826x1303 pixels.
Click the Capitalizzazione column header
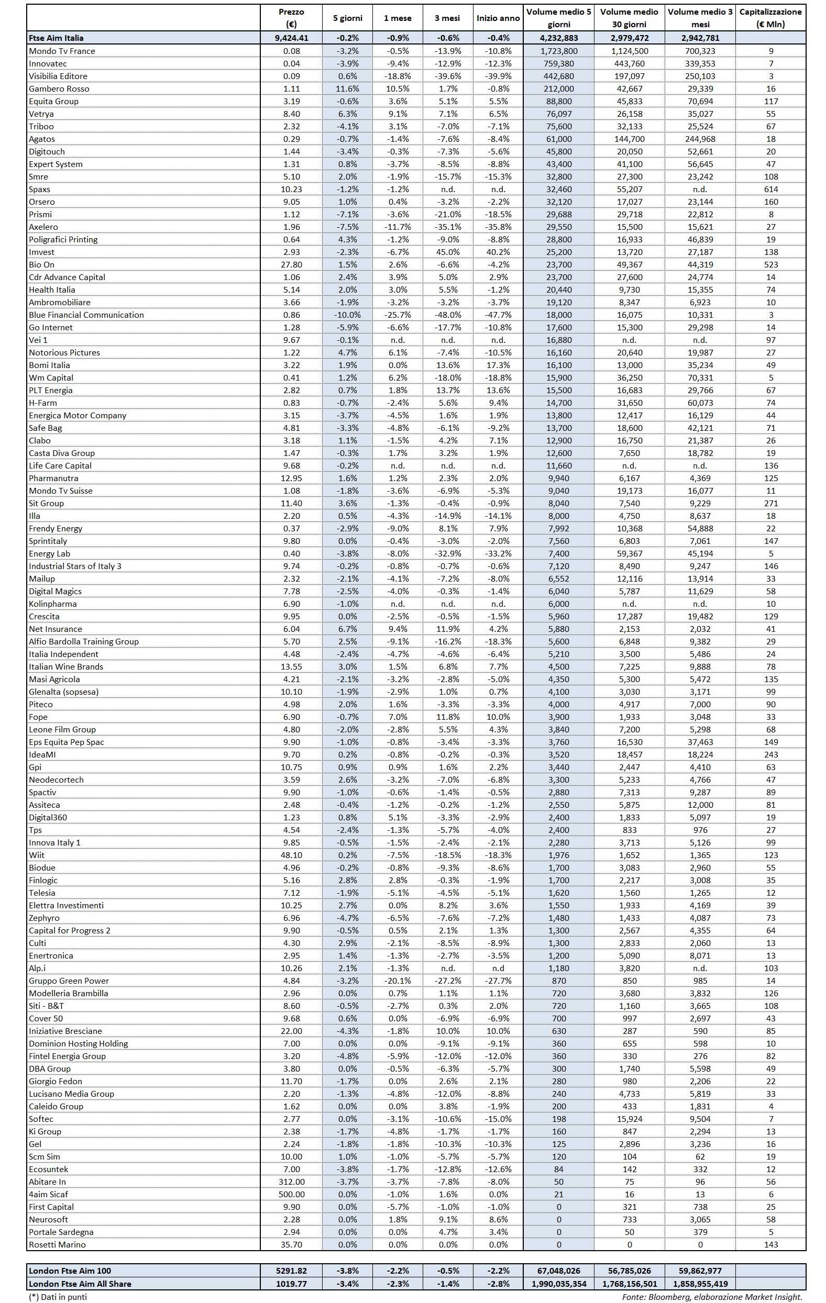coord(770,18)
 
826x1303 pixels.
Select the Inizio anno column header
coord(498,18)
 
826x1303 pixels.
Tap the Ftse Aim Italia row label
coord(56,38)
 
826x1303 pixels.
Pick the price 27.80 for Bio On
coord(291,264)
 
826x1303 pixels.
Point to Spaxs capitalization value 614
coord(771,190)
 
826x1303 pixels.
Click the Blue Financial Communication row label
coord(86,315)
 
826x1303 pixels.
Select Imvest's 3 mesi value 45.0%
coord(447,252)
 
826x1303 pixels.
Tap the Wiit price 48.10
coord(291,855)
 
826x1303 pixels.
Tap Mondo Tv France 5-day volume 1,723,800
coord(558,51)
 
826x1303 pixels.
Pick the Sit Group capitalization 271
coord(771,503)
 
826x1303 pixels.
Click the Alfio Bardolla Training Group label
coord(84,641)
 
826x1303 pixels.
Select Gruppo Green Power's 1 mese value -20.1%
coord(398,981)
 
